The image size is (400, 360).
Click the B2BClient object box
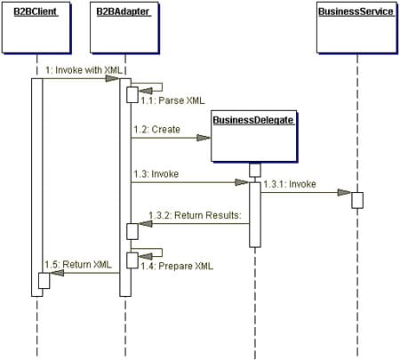coord(36,28)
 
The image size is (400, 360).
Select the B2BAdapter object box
coord(124,28)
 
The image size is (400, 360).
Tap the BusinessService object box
coord(356,28)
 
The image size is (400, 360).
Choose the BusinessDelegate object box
coord(253,135)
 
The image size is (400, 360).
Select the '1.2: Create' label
coord(155,129)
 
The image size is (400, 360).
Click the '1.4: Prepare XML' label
coord(169,266)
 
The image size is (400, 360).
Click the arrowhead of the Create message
coord(204,137)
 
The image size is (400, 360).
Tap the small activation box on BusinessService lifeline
coord(356,200)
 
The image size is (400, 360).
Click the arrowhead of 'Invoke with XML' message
coord(113,78)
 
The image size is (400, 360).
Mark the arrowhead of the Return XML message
coord(52,274)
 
